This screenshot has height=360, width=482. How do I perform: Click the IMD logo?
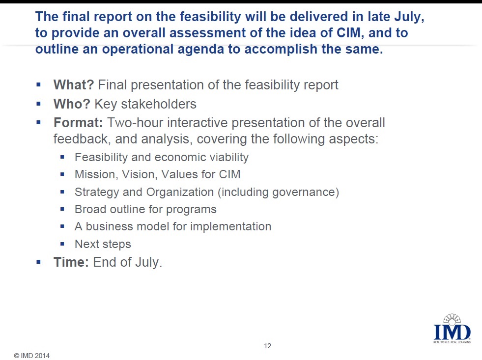[x=452, y=329]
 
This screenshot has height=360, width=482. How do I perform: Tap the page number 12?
[x=267, y=346]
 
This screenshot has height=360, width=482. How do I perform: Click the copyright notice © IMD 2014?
[x=31, y=356]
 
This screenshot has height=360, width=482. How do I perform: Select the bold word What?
[x=74, y=85]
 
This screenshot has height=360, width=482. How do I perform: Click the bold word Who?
[x=72, y=104]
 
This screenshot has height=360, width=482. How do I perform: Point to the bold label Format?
[x=78, y=123]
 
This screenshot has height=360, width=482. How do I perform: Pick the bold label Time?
[x=71, y=262]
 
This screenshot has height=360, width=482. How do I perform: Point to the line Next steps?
[x=103, y=244]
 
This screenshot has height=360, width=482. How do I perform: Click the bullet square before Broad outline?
[x=62, y=209]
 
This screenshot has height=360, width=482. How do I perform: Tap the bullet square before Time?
[x=38, y=262]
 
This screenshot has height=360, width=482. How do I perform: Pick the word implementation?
[x=230, y=227]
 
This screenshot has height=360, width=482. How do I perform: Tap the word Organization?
[x=180, y=193]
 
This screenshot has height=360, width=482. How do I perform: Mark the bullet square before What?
[x=38, y=85]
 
